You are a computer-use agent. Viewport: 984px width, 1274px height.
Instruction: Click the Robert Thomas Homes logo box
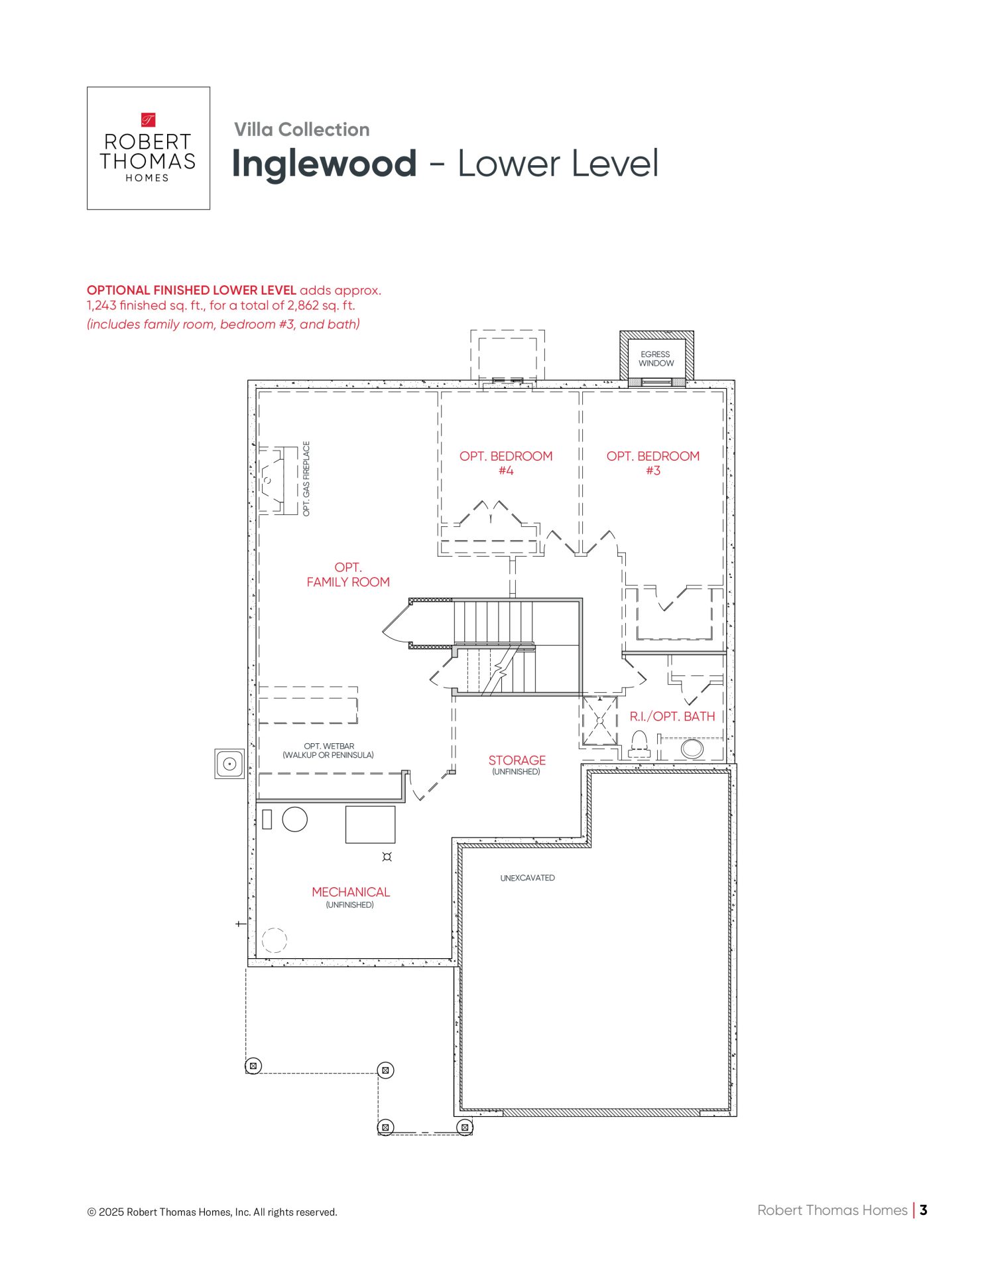[149, 148]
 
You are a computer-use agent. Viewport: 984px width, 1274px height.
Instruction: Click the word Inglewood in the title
[324, 164]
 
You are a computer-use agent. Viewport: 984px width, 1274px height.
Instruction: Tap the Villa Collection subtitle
[302, 129]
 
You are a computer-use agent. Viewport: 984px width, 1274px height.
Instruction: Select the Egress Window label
[656, 359]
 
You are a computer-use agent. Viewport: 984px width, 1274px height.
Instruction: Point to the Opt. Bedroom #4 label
[506, 463]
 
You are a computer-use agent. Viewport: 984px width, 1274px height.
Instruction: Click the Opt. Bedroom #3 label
[653, 463]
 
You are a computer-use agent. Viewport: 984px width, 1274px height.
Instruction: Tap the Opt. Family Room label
[348, 575]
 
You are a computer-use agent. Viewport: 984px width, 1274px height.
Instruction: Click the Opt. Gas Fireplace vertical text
[306, 478]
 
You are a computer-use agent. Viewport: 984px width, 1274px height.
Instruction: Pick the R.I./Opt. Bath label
[672, 717]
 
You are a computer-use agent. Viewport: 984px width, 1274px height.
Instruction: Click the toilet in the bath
[639, 744]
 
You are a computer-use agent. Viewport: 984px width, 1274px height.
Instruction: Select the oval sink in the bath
[692, 748]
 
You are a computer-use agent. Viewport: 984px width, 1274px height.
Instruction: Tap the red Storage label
[517, 760]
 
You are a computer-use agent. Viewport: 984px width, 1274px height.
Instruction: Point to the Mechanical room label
[351, 892]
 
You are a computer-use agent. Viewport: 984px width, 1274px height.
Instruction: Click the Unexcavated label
[528, 878]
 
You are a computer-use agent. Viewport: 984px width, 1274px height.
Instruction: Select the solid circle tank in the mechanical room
[295, 819]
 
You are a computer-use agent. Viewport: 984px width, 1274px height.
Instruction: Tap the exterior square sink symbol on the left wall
[229, 764]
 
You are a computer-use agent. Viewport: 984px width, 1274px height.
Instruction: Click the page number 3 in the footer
[924, 1210]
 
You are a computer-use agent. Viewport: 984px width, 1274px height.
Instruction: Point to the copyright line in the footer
[212, 1212]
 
